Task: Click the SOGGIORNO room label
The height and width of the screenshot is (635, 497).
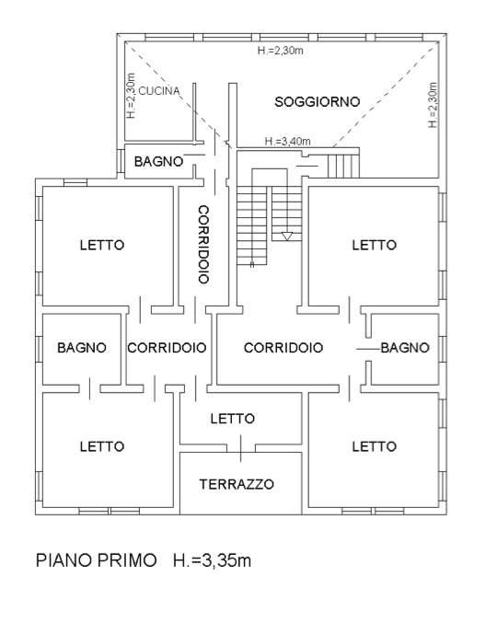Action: (318, 101)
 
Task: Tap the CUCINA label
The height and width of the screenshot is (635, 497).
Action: (159, 91)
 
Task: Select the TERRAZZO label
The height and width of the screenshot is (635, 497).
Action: (237, 484)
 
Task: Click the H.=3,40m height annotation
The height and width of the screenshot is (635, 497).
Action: (287, 142)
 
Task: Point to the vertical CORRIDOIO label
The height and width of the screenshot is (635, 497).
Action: (203, 245)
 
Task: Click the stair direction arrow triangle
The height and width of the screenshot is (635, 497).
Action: (287, 236)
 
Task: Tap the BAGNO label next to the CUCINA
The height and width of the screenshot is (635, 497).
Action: (159, 162)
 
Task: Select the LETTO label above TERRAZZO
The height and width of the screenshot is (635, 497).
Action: (233, 419)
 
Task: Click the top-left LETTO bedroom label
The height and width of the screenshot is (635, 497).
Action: (102, 245)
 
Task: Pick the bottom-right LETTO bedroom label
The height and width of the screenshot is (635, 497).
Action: (375, 446)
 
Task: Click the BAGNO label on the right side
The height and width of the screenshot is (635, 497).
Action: (405, 348)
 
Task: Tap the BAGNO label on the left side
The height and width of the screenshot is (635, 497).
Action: (82, 348)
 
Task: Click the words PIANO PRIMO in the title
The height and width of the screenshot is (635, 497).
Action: (97, 560)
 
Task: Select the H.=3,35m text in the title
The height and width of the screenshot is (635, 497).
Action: (213, 560)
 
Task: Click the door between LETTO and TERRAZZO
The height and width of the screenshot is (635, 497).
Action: (240, 448)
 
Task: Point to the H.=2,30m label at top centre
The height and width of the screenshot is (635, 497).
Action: (281, 51)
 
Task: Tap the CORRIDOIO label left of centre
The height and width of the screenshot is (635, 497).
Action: (167, 348)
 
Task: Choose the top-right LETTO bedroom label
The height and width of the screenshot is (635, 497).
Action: (375, 245)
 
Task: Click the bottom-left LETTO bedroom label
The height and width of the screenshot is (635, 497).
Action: (102, 446)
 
